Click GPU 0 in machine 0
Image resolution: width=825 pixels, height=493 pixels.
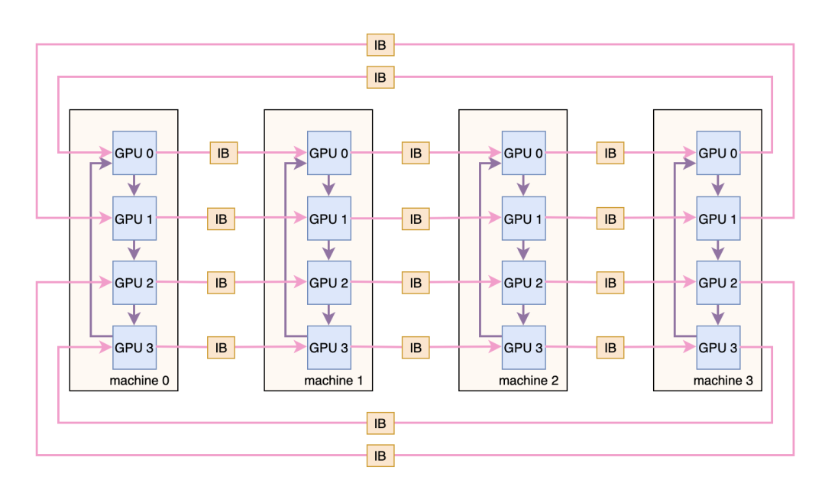(134, 153)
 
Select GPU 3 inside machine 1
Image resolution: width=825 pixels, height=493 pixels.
(329, 348)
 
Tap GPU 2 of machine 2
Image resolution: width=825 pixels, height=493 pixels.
(523, 283)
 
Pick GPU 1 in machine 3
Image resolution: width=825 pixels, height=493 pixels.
(718, 219)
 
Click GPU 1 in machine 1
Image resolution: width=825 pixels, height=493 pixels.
(329, 219)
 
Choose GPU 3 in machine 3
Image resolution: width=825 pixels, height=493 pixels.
(718, 348)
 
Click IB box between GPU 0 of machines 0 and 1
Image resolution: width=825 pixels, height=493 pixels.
(224, 153)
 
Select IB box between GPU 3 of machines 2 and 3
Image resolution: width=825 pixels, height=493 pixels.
(610, 348)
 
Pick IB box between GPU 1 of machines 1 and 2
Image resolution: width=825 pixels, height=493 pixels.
(416, 219)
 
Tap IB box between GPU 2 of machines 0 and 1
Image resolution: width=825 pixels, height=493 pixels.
(222, 283)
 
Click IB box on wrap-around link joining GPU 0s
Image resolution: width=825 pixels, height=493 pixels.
(380, 76)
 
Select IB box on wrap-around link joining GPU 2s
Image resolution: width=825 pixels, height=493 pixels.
(380, 456)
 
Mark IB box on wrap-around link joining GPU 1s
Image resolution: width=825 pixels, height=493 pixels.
(380, 44)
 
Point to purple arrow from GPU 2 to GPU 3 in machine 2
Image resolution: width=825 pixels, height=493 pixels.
(523, 314)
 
